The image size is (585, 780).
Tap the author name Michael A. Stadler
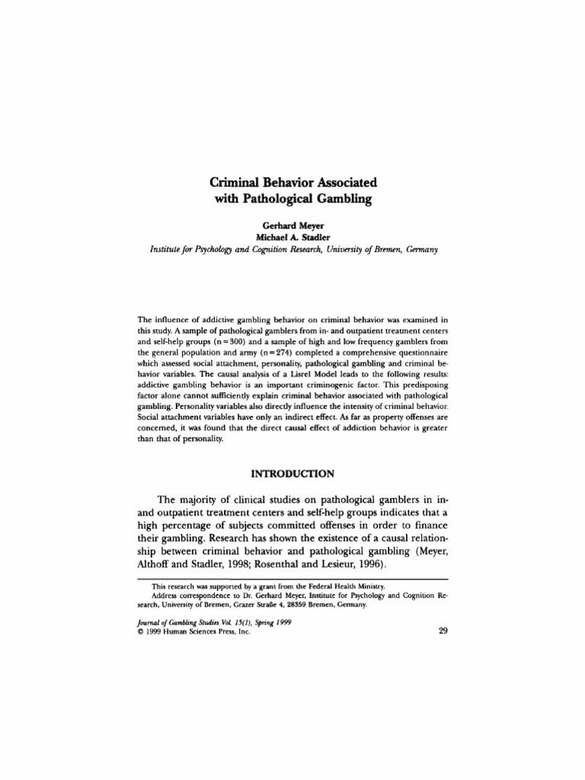[x=292, y=238]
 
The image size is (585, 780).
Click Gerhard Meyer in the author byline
[x=292, y=226]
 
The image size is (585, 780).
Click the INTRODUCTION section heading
[x=292, y=473]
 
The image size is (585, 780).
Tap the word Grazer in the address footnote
[x=231, y=605]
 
